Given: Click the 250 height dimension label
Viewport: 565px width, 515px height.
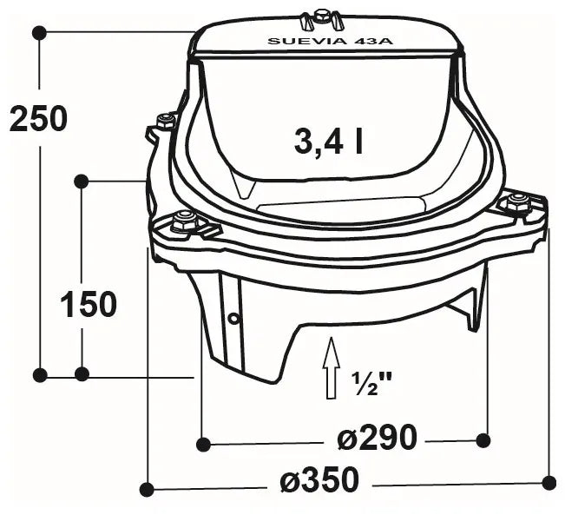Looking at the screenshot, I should point(38,118).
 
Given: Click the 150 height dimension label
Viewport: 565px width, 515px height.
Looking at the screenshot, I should point(88,305).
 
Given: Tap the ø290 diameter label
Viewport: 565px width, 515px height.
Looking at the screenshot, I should point(377,439).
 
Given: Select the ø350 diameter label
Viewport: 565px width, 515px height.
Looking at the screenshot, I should point(319,479).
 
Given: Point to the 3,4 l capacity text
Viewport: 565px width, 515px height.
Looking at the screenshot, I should point(328,141).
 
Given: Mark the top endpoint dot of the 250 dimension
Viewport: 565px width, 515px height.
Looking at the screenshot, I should point(38,32).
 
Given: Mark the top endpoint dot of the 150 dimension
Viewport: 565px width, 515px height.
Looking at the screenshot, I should point(81,181).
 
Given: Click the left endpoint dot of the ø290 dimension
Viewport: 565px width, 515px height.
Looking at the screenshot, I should point(202,445).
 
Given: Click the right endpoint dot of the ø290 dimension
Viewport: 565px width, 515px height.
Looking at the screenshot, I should point(484,440).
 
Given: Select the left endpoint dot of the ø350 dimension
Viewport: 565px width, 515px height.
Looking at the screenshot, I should point(147,489).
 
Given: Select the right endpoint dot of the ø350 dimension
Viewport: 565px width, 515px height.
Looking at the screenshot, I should point(548,480).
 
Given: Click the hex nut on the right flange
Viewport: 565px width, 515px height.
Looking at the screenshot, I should point(518,203).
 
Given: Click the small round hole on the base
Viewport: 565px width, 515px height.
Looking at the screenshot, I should point(233,318).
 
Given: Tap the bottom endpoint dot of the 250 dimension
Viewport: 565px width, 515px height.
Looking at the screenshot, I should point(39,374).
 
